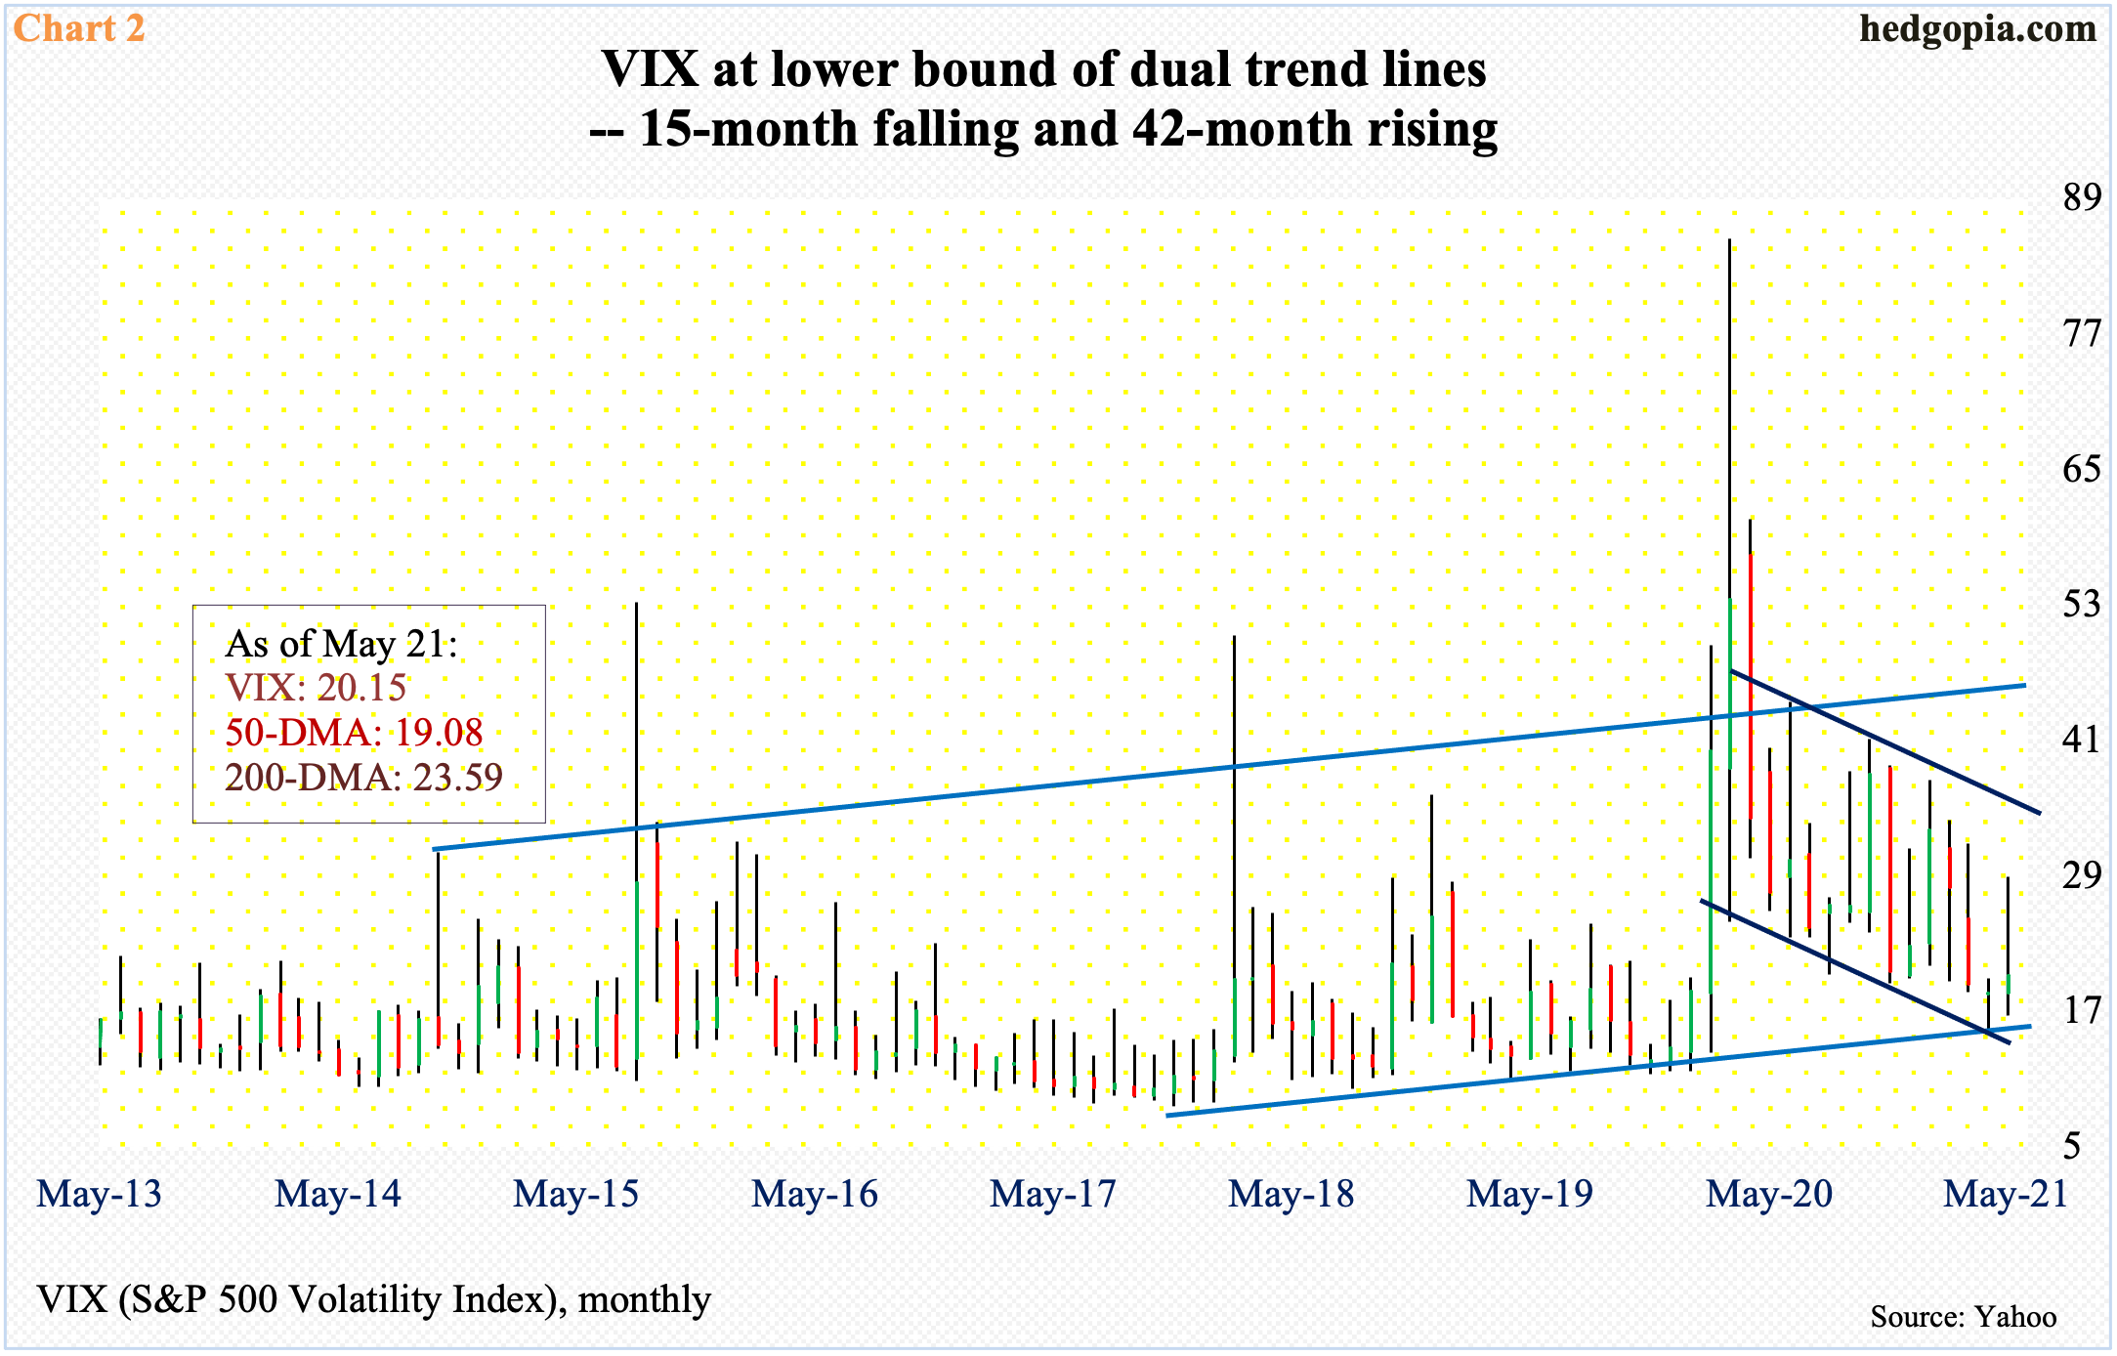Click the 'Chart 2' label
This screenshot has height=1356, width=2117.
pos(79,28)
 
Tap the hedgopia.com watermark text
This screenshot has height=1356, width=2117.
pos(1977,28)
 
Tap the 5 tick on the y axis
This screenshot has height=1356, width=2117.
pos(2071,1145)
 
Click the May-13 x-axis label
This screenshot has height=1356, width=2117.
pos(100,1194)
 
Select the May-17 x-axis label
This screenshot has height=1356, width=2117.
pos(1053,1194)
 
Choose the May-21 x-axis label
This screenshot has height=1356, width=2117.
pos(2006,1194)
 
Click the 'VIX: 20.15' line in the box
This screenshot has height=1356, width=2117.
pos(316,688)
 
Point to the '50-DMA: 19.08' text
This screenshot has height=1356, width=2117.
pos(354,733)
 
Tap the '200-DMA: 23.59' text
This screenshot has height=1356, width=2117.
pos(363,778)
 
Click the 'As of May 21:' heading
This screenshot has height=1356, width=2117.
pos(341,644)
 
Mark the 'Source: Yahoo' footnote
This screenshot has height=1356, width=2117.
pos(1963,1317)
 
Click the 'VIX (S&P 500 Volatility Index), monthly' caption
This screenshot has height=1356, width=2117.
pos(374,1299)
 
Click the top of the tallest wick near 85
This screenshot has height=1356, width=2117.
pos(1729,240)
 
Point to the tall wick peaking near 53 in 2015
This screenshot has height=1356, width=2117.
pos(636,605)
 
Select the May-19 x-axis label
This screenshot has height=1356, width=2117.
pos(1530,1194)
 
